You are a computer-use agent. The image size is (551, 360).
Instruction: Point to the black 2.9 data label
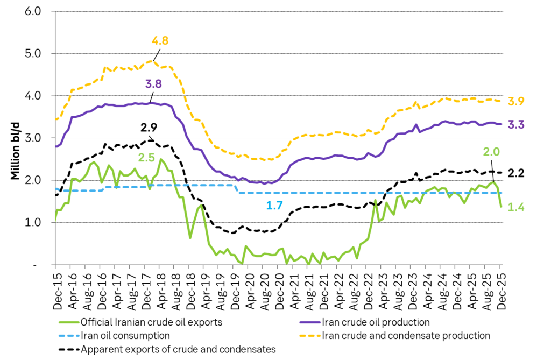[x=149, y=128]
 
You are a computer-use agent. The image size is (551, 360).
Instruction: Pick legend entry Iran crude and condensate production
[x=406, y=336]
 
